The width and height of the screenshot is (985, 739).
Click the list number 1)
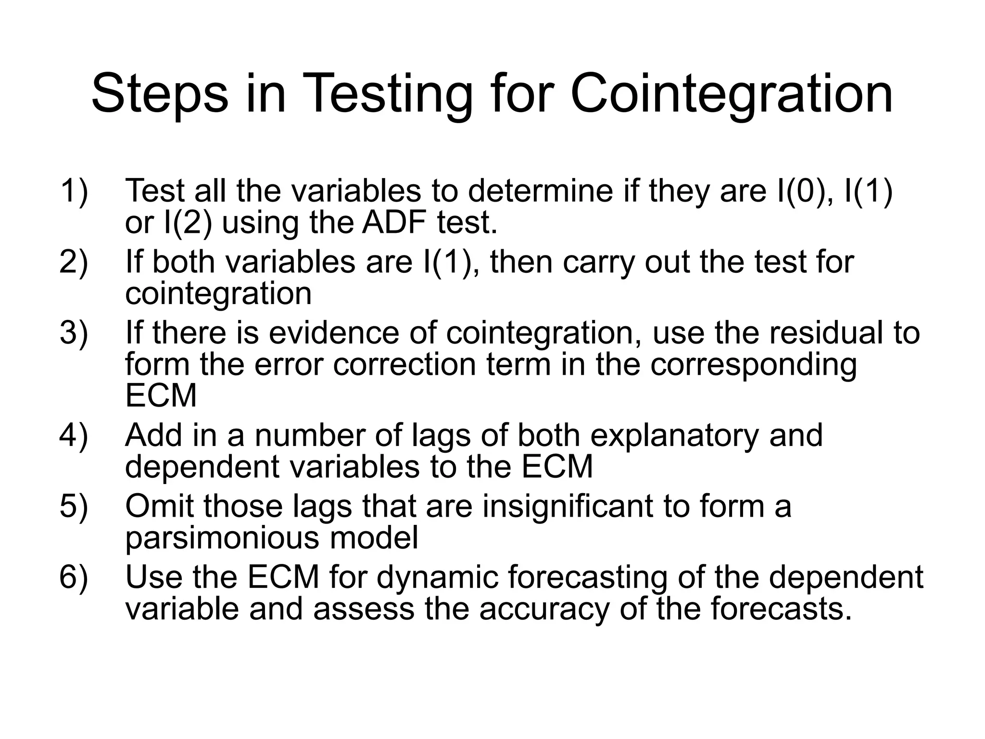click(x=74, y=191)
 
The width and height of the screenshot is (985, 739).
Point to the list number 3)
click(x=74, y=332)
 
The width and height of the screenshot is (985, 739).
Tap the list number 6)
click(x=74, y=577)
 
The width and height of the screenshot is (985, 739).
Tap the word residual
click(x=825, y=332)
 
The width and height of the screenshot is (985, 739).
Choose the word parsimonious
click(x=222, y=538)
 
